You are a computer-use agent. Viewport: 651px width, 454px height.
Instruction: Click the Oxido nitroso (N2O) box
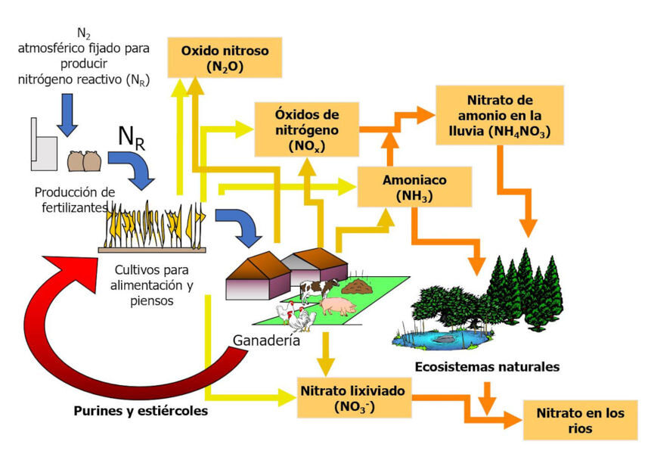click(x=225, y=57)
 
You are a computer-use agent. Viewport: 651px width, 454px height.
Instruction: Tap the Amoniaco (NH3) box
click(x=415, y=187)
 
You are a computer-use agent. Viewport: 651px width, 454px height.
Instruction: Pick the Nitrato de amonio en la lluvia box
click(x=499, y=115)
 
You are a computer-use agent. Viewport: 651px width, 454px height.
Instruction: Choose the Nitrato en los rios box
click(x=580, y=421)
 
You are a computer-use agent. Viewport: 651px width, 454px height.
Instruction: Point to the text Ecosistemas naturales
click(x=487, y=367)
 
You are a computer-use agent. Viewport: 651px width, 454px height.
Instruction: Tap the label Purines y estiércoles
click(x=141, y=411)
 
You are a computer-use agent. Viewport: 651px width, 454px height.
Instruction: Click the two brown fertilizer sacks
click(x=84, y=162)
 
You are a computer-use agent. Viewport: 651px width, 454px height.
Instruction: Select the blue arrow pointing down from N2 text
click(x=67, y=114)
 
